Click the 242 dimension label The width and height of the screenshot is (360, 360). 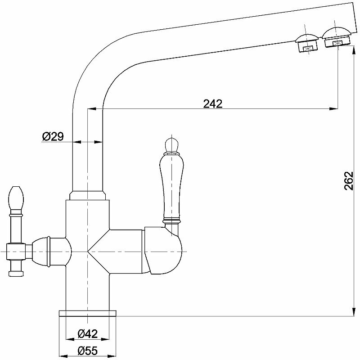click(213, 104)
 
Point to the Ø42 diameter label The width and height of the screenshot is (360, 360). click(88, 334)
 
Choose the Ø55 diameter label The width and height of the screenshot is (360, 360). click(88, 350)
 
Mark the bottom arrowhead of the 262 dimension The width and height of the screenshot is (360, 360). click(351, 312)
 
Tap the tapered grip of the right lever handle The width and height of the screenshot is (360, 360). click(171, 184)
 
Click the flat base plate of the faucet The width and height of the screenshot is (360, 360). click(88, 314)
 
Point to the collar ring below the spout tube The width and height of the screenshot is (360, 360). click(88, 195)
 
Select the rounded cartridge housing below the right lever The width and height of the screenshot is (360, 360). click(165, 250)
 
